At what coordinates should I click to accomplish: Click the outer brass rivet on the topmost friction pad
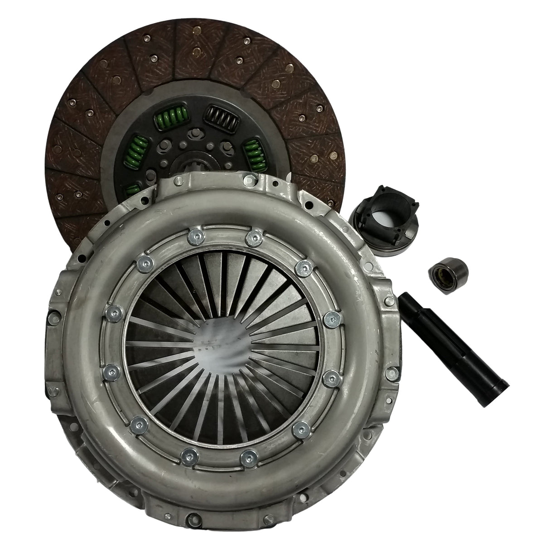(196, 31)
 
